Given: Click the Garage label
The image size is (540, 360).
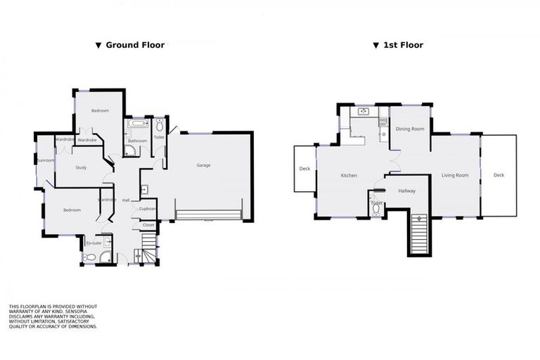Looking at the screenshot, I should [x=203, y=165].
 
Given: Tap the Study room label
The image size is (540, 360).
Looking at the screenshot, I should [x=81, y=167].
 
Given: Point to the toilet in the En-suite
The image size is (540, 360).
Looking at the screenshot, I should [x=105, y=257].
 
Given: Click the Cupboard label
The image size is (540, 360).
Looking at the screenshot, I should [x=148, y=209].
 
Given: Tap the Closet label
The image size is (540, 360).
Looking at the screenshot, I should [x=148, y=225].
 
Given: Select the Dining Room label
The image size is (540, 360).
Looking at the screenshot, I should [x=410, y=129].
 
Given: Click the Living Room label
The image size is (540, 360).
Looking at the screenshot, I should [x=455, y=175].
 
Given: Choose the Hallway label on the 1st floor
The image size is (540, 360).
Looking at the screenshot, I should [x=407, y=191].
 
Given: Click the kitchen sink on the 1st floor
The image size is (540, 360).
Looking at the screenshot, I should [x=364, y=111].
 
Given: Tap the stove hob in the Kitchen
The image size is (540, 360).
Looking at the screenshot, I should [x=383, y=122].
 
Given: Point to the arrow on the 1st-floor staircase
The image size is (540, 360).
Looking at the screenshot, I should [x=419, y=219].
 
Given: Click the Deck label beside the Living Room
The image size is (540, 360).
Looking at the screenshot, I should [x=499, y=175].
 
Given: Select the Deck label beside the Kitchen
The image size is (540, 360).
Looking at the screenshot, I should [x=304, y=169].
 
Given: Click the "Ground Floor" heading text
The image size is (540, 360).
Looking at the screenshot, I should [x=135, y=45].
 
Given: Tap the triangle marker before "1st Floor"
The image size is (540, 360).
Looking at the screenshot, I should [x=376, y=46].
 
